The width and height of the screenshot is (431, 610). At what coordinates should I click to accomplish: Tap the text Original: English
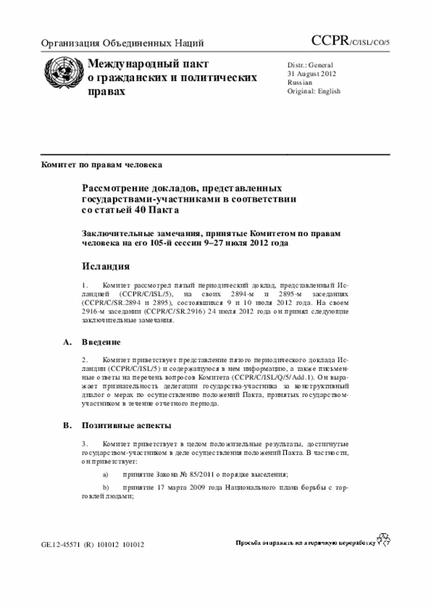[314, 91]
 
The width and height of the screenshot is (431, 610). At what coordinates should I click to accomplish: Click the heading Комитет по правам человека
[101, 164]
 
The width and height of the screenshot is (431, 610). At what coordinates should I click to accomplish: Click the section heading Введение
[102, 342]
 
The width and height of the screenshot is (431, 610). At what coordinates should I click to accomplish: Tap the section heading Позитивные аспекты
[127, 425]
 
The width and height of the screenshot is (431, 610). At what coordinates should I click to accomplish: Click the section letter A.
[67, 342]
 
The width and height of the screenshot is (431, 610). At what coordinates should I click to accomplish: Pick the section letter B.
[67, 425]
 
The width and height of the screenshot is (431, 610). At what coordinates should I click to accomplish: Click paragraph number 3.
[85, 445]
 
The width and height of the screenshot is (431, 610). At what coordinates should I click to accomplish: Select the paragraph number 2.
[85, 361]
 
